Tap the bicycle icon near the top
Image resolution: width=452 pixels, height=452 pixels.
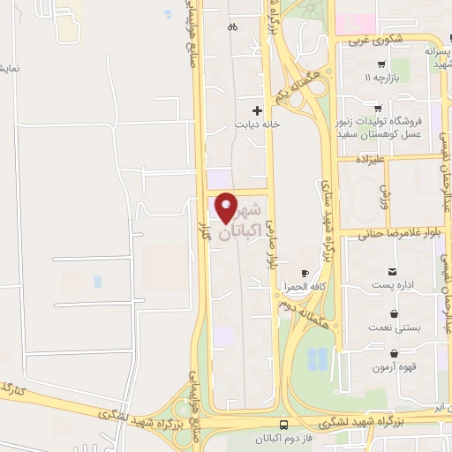coord(232,27)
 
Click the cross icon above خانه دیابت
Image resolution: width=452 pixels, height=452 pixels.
coord(257,110)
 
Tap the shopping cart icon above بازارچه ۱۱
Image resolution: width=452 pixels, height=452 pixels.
coord(380,64)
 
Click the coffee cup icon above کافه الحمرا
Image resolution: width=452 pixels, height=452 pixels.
coord(305,274)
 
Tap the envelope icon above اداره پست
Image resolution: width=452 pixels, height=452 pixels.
coord(392,270)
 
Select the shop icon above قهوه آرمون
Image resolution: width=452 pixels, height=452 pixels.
coord(393,351)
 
